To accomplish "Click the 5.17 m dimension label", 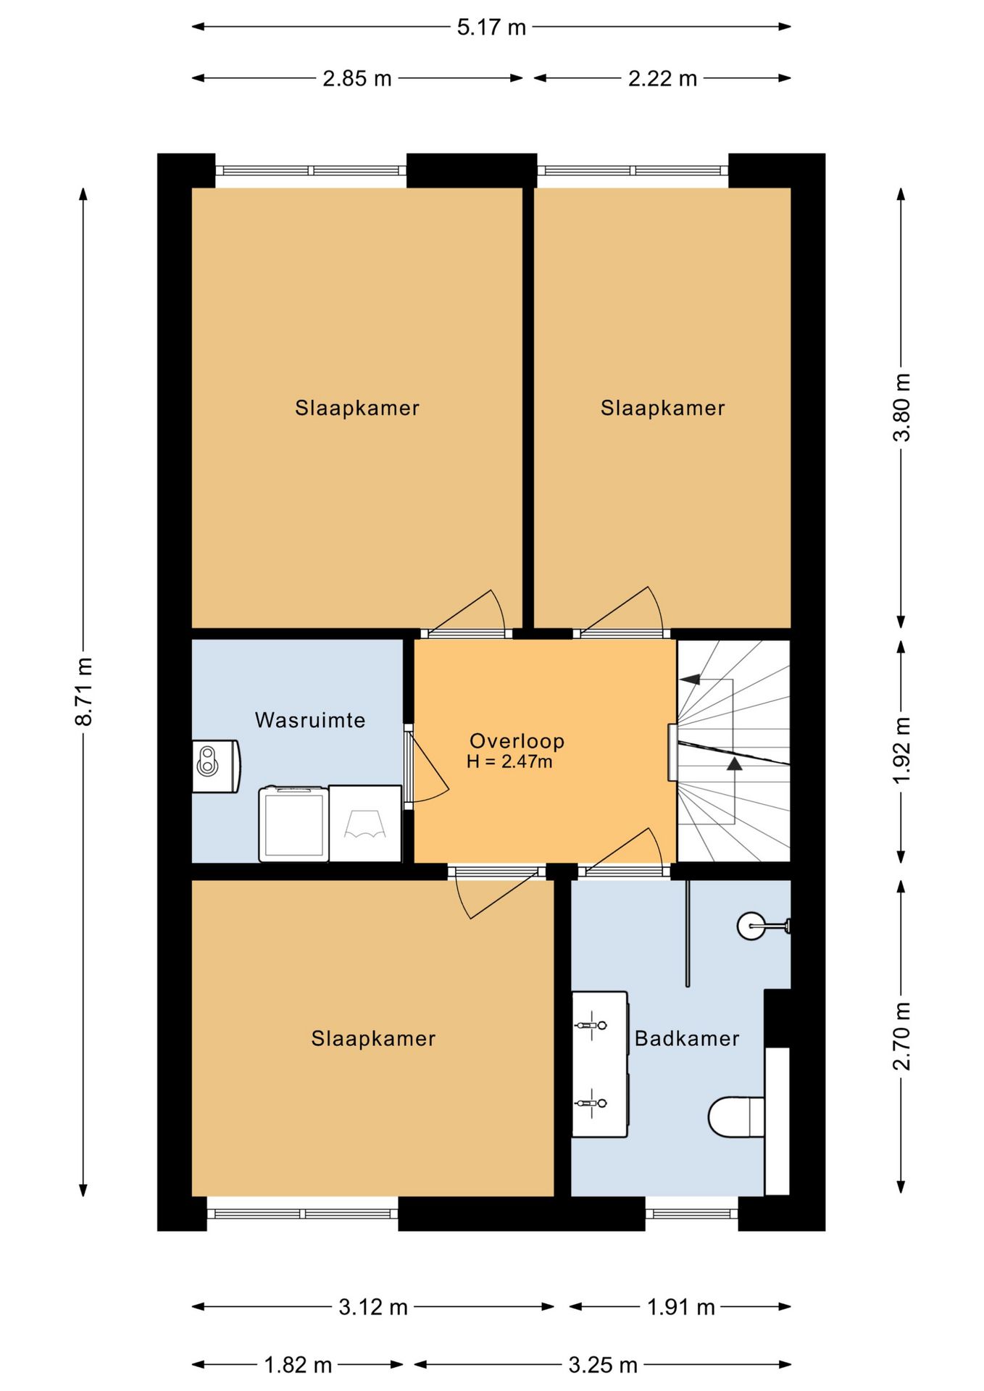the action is (x=491, y=28).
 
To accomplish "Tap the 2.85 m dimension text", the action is (x=357, y=78).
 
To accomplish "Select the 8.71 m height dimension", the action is (x=84, y=691).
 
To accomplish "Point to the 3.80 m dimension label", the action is (x=901, y=407).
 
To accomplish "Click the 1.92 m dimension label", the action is (x=901, y=751).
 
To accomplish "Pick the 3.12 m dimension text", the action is (x=373, y=1307).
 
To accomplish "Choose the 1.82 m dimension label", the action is (x=298, y=1365).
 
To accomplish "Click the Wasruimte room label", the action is (x=310, y=720).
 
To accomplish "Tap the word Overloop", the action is (x=517, y=741).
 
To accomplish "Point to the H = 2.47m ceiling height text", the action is (x=509, y=761).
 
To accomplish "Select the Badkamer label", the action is (x=687, y=1039).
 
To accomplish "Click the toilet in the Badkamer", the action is (x=736, y=1116).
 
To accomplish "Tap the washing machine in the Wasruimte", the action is (x=293, y=824).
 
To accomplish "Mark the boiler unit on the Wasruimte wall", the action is (x=216, y=766).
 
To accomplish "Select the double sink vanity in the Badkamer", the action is (x=600, y=1064).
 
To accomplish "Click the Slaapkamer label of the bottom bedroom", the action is (x=373, y=1039).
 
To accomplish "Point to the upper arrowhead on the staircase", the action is (x=690, y=679).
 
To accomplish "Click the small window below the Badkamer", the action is (x=692, y=1213).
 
